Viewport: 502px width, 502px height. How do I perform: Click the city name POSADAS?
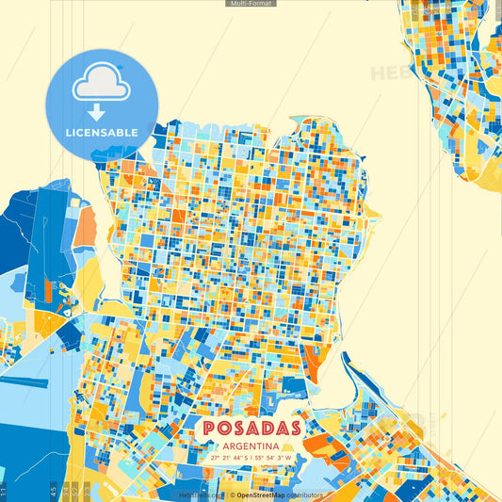[x=251, y=428]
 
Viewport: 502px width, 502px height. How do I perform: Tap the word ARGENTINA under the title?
[x=251, y=445]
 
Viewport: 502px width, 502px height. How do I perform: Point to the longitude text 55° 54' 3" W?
[x=274, y=458]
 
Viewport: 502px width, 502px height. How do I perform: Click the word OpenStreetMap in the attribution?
[x=261, y=494]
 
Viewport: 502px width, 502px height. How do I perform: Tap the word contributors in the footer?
[x=303, y=494]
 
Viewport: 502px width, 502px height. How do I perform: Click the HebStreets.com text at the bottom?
[x=198, y=494]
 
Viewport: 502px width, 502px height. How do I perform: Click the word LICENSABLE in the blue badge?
[x=102, y=133]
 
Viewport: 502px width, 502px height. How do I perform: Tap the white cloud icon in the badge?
[x=102, y=85]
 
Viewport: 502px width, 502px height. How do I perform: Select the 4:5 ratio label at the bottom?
[x=55, y=492]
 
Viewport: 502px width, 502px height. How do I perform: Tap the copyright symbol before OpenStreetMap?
[x=232, y=494]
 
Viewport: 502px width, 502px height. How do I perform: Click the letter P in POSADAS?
[x=210, y=428]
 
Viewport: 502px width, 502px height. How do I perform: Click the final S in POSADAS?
[x=292, y=428]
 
